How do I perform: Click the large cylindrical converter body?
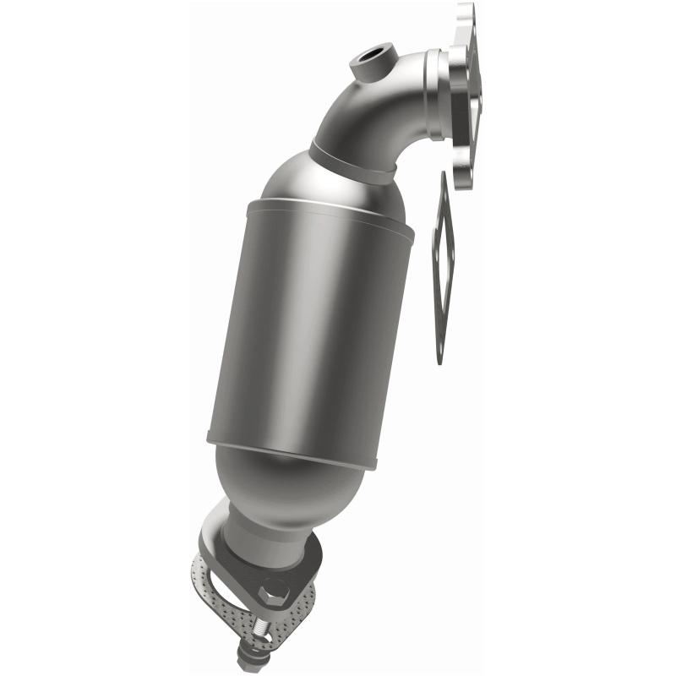pyautogui.click(x=313, y=330)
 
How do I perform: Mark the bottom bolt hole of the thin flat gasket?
pyautogui.click(x=439, y=346)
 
